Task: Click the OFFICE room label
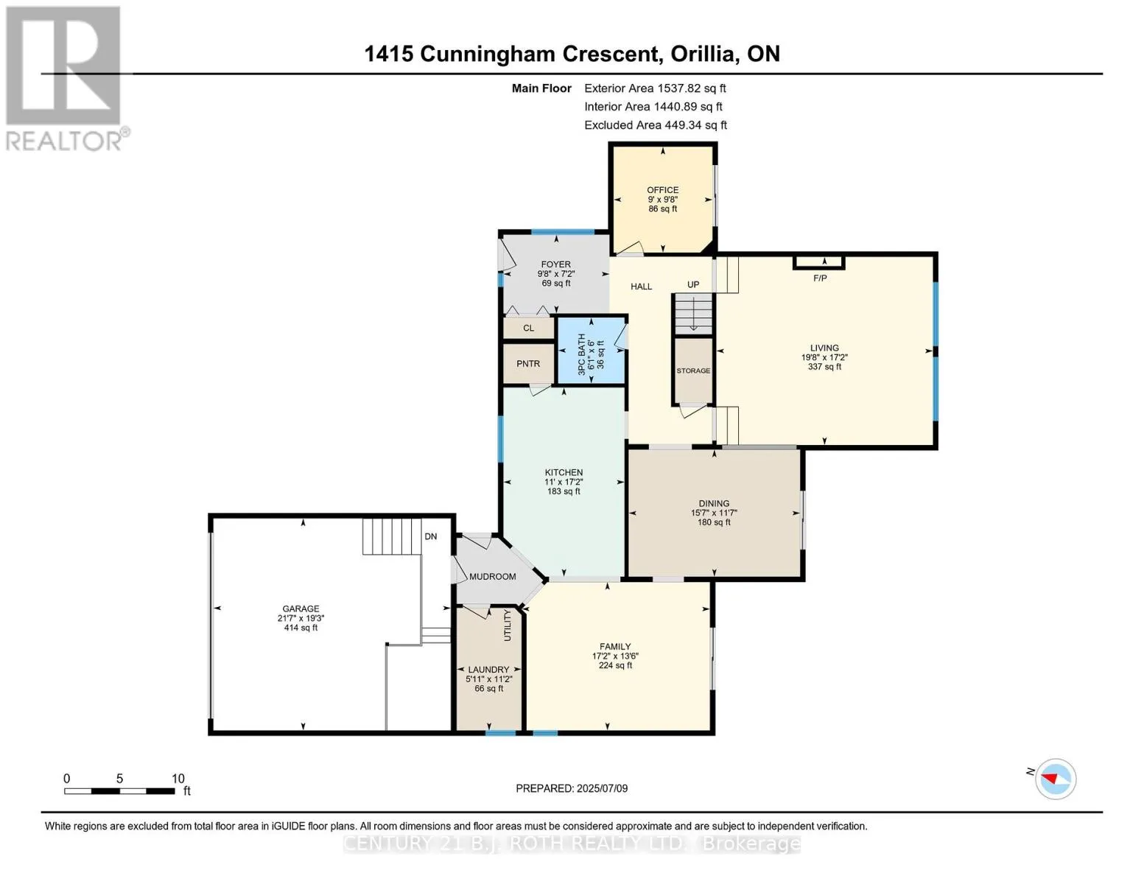coord(662,190)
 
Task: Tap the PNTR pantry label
coord(528,364)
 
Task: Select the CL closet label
coord(529,328)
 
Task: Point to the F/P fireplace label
coord(820,278)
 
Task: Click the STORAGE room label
coord(693,371)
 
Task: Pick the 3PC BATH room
coord(592,351)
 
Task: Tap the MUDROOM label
coord(492,577)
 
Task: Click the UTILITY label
coord(508,625)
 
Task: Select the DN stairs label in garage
coord(431,536)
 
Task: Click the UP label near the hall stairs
coord(693,284)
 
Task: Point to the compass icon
coord(1056,779)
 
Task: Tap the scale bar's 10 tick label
coord(178,778)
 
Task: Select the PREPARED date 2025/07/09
coord(602,788)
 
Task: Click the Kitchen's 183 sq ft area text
coord(564,491)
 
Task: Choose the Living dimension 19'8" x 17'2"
coord(824,357)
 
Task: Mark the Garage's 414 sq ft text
coord(301,628)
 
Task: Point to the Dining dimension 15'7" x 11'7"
coord(714,513)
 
